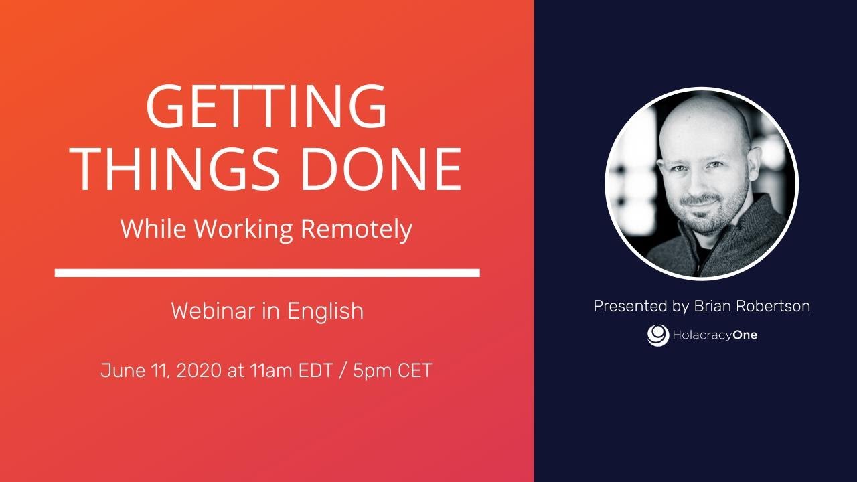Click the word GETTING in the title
pos(266,107)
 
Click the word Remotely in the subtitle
pos(356,230)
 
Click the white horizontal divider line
pos(266,273)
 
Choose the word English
pos(325,311)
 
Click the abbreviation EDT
pos(315,371)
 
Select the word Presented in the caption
pos(630,307)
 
